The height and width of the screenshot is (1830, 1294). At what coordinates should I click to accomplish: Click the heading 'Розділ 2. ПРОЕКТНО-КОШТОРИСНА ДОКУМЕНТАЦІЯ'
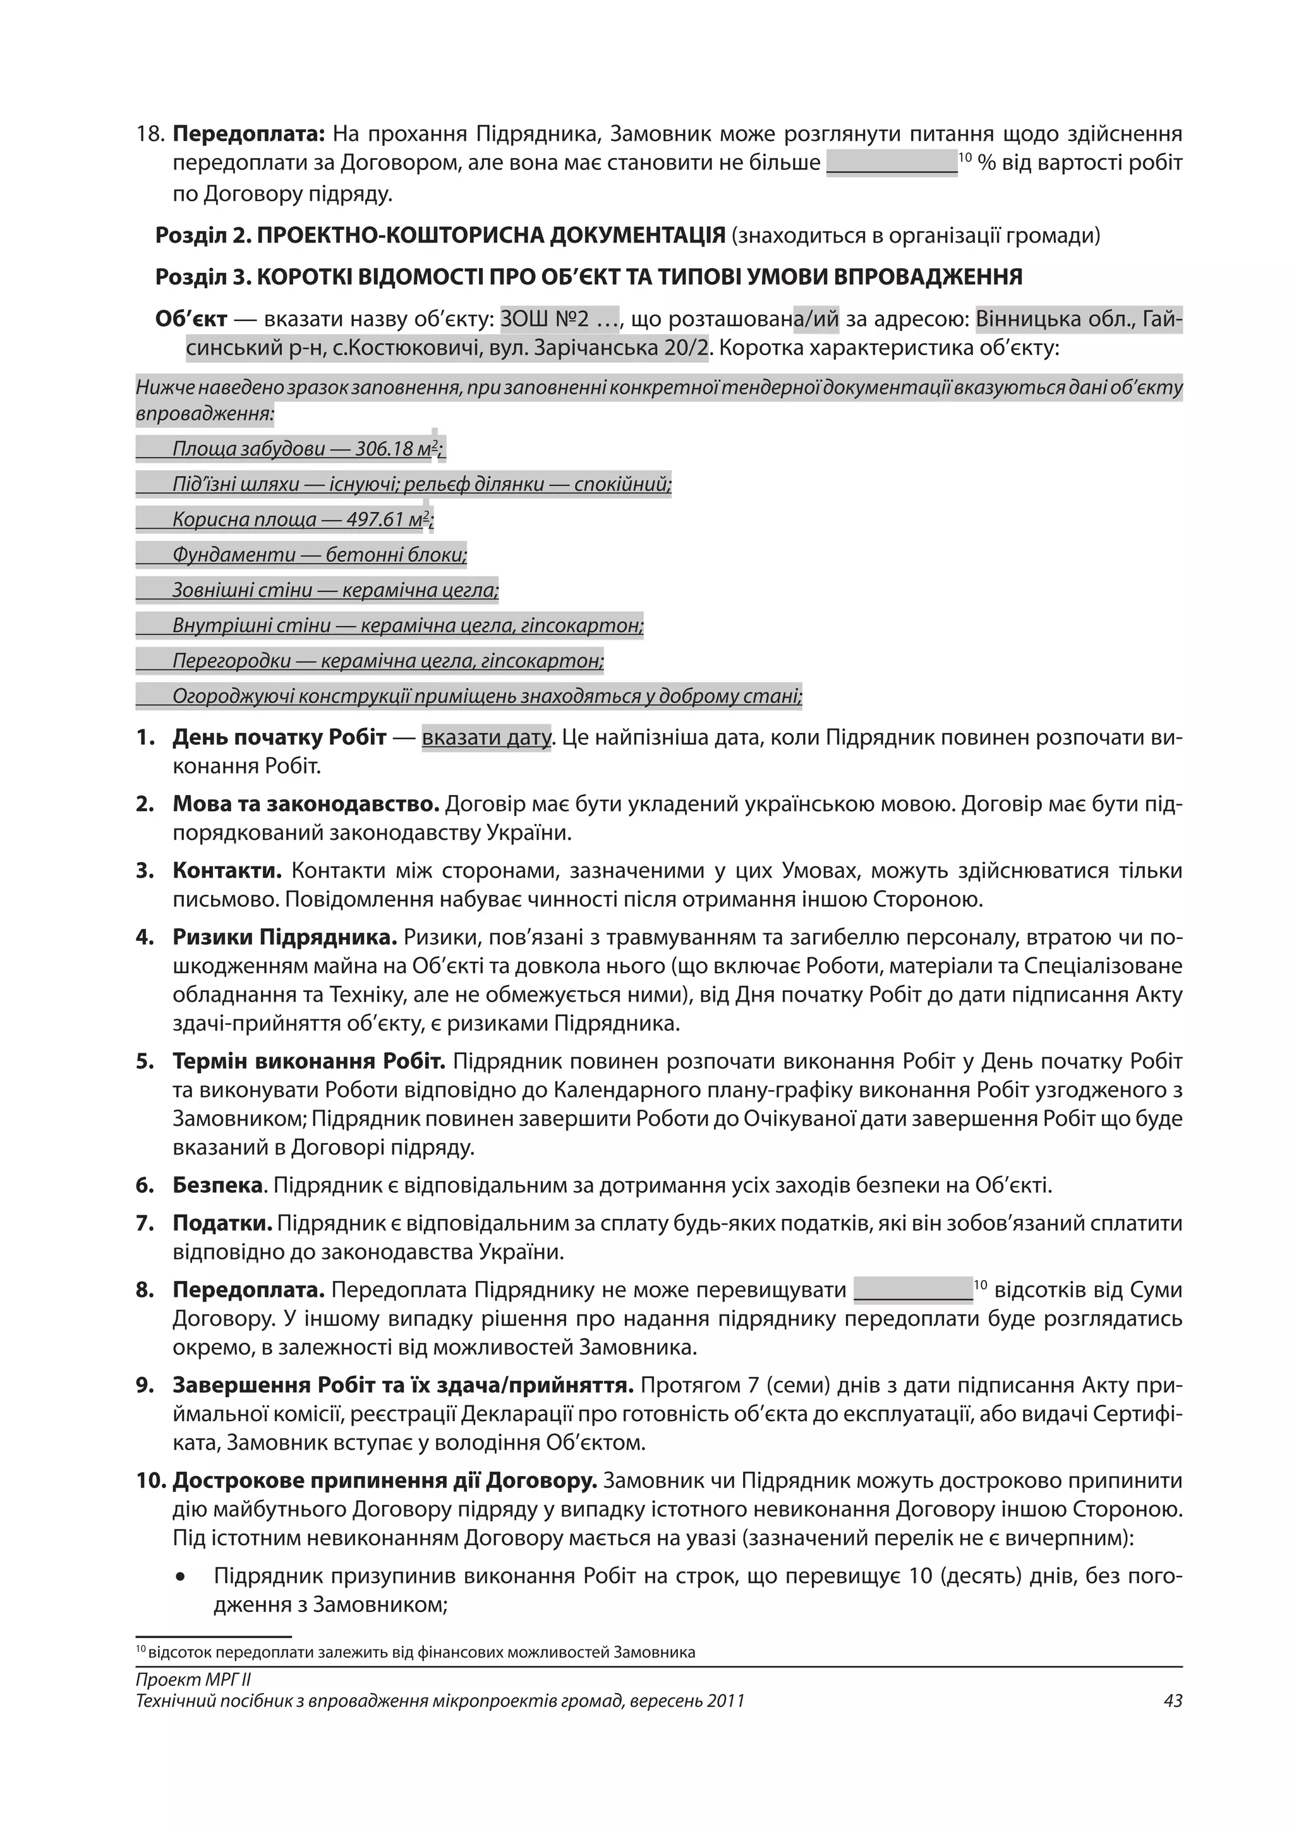pos(440,236)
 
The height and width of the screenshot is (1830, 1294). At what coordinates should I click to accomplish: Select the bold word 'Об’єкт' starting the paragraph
pos(191,320)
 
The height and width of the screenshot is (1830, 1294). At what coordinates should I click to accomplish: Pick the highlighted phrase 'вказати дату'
pos(486,738)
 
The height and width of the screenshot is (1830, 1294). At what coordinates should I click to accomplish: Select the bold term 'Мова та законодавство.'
pos(306,804)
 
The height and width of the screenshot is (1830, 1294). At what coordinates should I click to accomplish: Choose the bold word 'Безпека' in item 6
pos(217,1186)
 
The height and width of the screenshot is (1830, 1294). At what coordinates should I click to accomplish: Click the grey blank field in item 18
pos(892,164)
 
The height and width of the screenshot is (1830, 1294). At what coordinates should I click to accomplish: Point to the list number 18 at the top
pos(150,134)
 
